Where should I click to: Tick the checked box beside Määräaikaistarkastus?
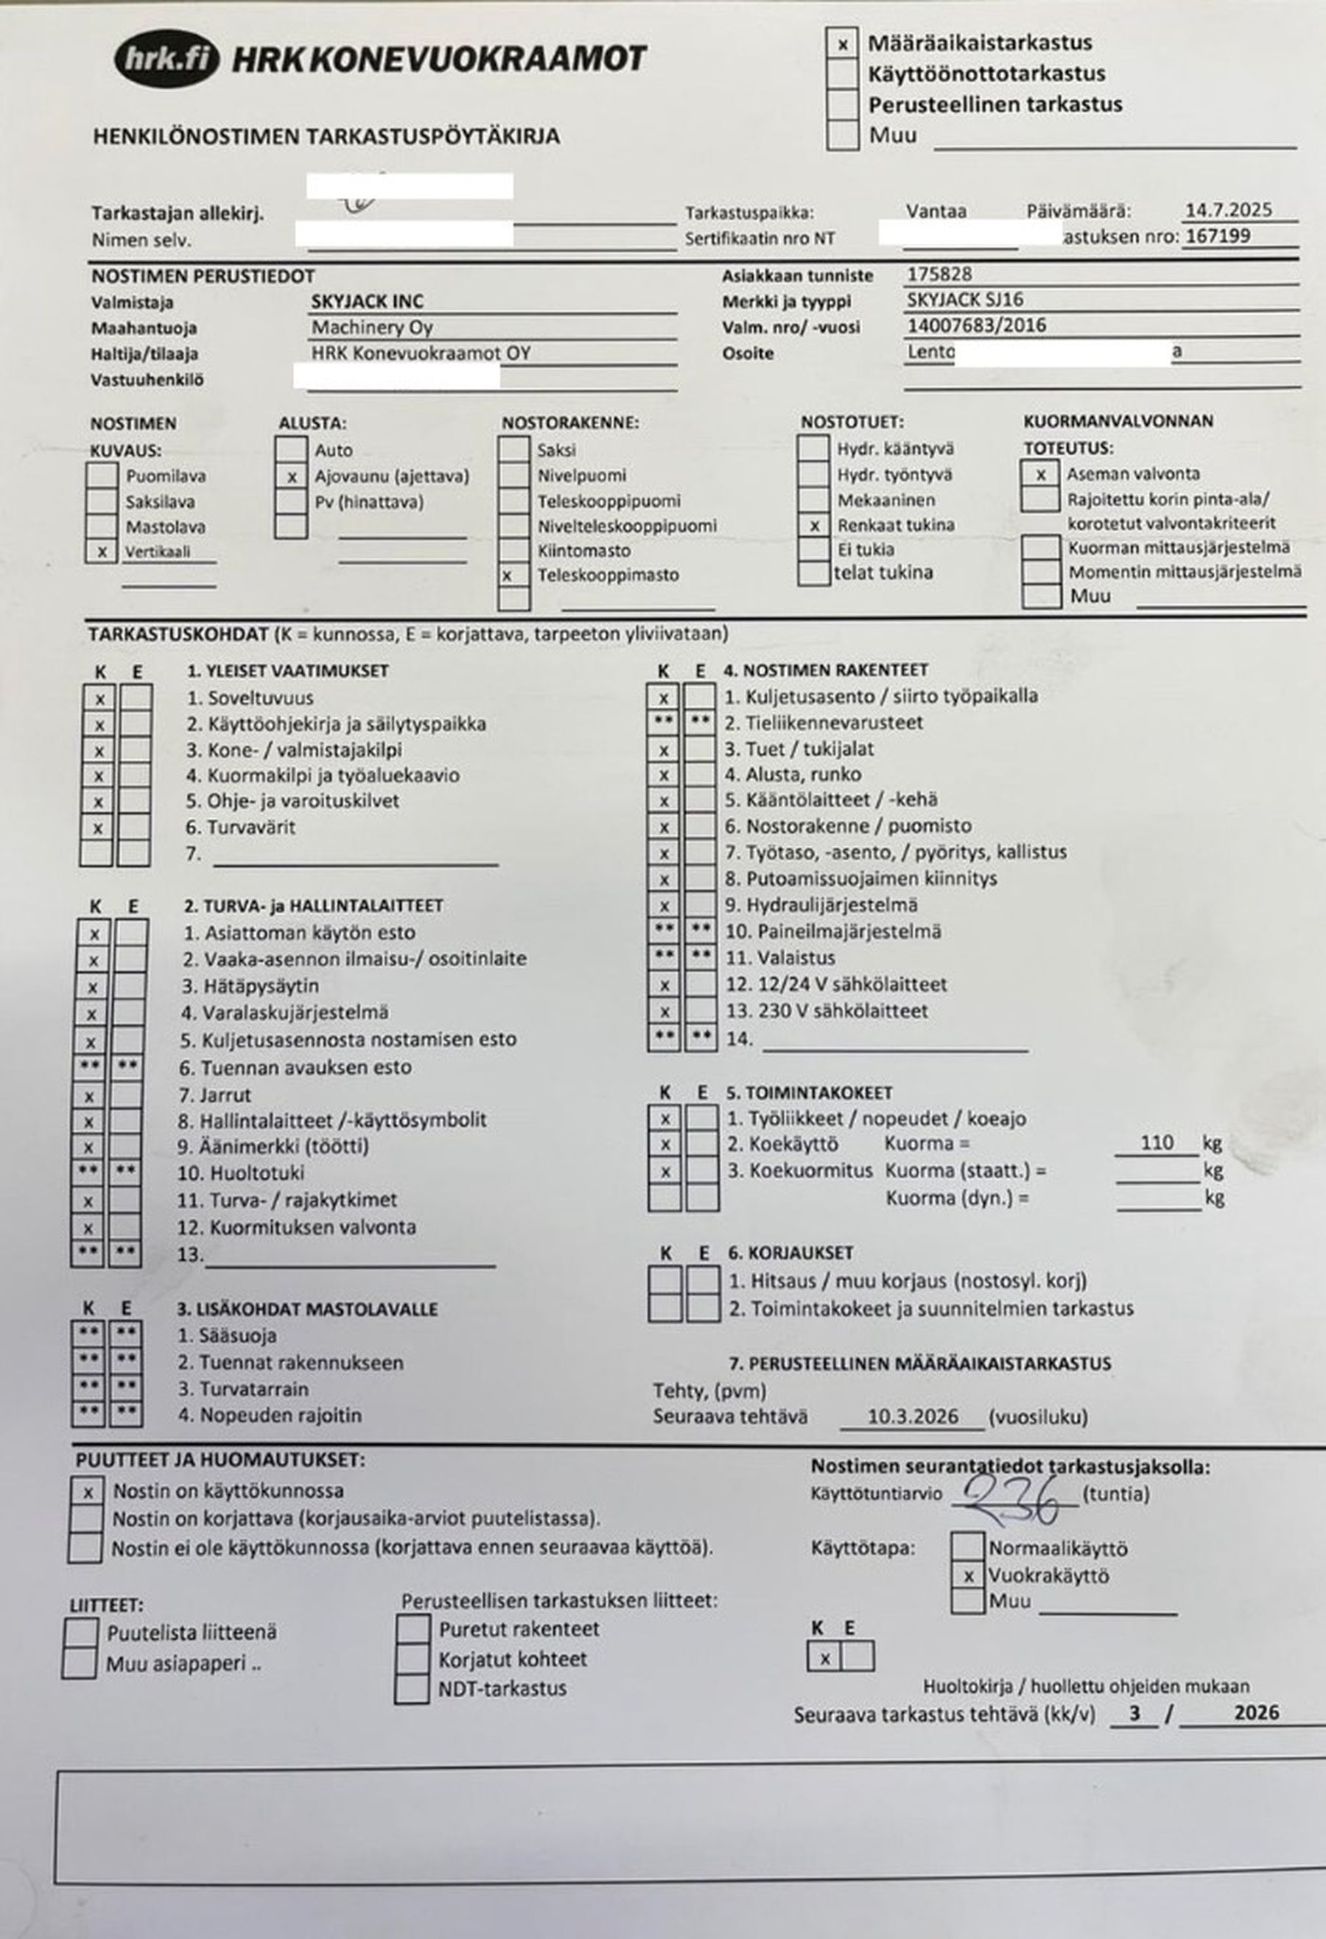(843, 43)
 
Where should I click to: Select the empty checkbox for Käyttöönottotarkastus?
(843, 74)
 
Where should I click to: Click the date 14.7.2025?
(1228, 209)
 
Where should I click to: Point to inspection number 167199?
(1218, 236)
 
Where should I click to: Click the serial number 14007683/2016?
(976, 325)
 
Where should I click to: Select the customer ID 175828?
(940, 274)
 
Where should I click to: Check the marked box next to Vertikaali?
(102, 552)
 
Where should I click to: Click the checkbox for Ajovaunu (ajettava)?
(291, 477)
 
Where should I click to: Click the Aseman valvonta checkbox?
(1041, 474)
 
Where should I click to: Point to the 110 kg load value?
(1157, 1142)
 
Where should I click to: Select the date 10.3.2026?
(912, 1416)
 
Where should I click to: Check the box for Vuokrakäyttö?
(968, 1576)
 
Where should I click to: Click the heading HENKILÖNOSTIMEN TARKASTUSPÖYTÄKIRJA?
(326, 137)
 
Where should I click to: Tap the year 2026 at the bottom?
(1256, 1712)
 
